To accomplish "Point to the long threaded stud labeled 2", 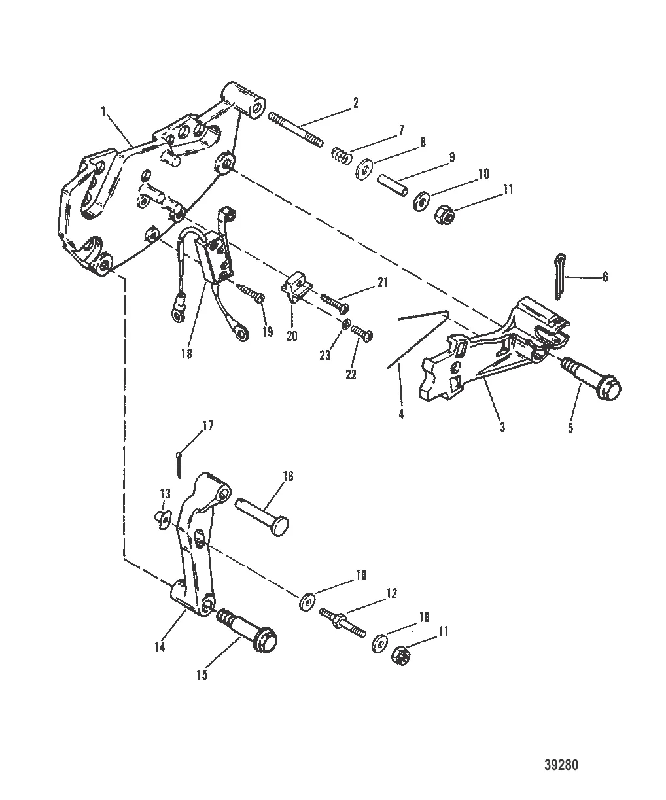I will click(296, 130).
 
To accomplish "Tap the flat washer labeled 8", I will click(361, 173).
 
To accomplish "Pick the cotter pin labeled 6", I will click(557, 276).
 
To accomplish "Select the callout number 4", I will click(401, 413).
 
